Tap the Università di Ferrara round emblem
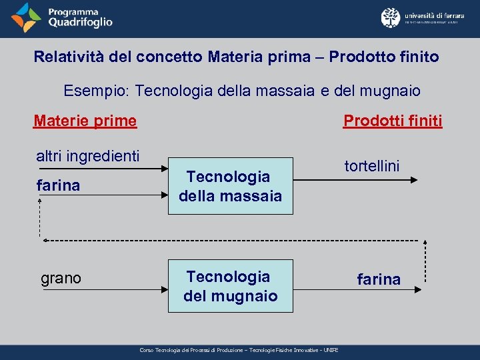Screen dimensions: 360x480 (x=391, y=17)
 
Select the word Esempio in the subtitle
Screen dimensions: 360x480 (x=88, y=90)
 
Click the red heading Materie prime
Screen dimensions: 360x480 (x=85, y=121)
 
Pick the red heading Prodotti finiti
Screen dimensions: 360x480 (x=392, y=121)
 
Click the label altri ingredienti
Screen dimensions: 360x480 (x=87, y=156)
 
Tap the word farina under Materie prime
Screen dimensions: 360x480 (x=57, y=185)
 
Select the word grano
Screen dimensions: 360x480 (x=61, y=278)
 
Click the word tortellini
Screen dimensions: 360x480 (x=371, y=166)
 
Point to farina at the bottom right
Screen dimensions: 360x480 (x=379, y=279)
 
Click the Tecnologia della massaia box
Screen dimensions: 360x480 (x=230, y=186)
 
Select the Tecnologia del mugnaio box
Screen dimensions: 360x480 (x=230, y=286)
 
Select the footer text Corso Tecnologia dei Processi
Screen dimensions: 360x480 (x=239, y=350)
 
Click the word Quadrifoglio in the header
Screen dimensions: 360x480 (x=80, y=22)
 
